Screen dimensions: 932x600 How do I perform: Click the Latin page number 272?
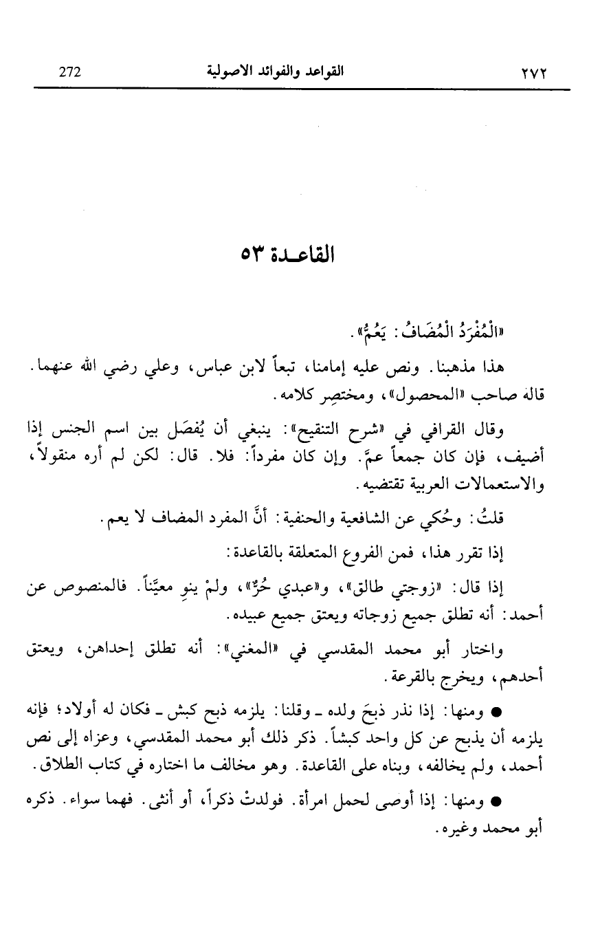(71, 72)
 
